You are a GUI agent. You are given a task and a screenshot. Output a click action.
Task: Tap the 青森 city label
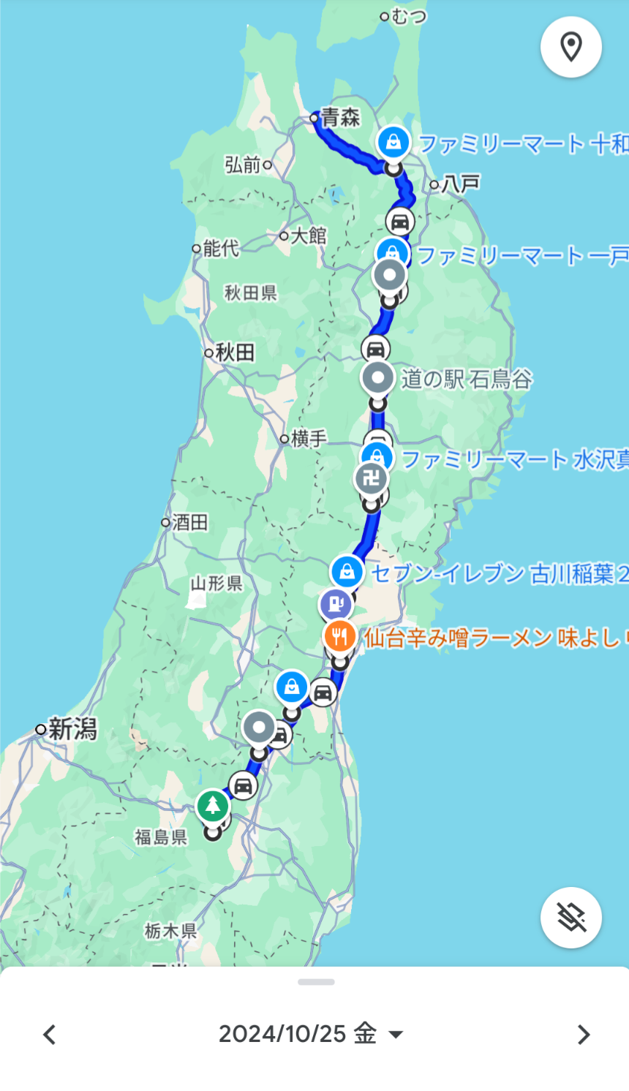tap(340, 117)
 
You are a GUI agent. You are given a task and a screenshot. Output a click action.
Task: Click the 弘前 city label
tap(243, 165)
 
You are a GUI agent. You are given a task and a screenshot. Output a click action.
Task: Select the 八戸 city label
tap(461, 184)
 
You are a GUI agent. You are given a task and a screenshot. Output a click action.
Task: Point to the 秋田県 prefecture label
tap(251, 292)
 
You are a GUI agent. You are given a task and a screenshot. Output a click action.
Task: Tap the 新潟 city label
tap(72, 729)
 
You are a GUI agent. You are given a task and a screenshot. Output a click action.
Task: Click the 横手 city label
tap(309, 439)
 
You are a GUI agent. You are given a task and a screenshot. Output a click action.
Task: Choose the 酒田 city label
tap(190, 522)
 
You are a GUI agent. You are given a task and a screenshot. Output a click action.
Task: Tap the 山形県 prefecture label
tap(216, 583)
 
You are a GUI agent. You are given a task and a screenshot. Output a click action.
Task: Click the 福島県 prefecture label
tap(161, 837)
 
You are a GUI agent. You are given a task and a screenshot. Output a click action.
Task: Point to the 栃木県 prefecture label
tap(170, 931)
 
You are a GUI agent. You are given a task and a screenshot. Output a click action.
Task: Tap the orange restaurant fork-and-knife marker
tap(339, 636)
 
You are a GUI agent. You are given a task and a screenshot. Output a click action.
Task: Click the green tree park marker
tap(213, 806)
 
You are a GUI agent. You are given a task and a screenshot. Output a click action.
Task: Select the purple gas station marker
tap(336, 605)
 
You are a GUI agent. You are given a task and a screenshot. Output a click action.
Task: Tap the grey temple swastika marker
tap(371, 479)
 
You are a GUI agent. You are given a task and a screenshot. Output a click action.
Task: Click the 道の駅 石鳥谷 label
tap(467, 379)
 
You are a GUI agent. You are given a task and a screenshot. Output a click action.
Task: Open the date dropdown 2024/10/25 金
tap(311, 1034)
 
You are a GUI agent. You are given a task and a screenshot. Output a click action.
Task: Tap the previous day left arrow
tap(49, 1035)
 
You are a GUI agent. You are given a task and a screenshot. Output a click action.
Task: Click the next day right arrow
tap(583, 1035)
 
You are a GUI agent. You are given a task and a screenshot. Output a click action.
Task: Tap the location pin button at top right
tap(570, 47)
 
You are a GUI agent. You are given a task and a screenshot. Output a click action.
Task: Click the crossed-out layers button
tap(570, 917)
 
